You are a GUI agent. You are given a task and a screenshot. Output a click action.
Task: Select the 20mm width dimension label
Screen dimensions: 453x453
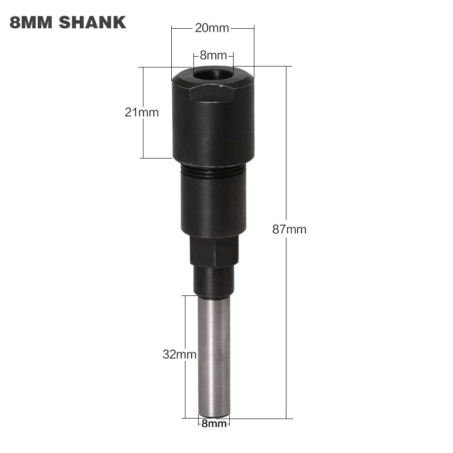point(212,28)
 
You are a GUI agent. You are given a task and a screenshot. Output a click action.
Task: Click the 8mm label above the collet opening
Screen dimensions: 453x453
point(213,55)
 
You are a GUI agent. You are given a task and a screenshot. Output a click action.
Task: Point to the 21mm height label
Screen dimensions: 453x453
point(142,112)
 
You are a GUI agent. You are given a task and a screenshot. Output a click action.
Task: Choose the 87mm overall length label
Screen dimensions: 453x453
point(289,230)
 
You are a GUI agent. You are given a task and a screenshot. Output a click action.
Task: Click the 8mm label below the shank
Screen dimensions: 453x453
point(214,424)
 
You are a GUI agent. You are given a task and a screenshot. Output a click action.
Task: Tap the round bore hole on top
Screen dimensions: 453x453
point(213,75)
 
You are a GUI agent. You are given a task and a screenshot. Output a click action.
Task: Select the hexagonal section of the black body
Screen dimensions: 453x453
point(214,250)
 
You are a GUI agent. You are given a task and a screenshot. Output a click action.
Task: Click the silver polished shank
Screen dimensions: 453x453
point(214,354)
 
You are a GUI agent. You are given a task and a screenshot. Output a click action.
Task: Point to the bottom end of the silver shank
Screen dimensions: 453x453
point(214,415)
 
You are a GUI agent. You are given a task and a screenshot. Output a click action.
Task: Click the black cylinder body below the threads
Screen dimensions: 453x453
point(213,205)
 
